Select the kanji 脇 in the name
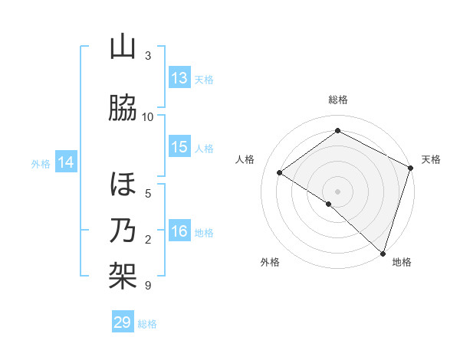coord(123,109)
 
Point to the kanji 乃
coord(123,231)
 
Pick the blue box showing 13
coord(179,77)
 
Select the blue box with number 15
coord(179,147)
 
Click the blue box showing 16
coord(179,231)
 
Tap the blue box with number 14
coord(66,162)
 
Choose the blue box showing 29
coord(123,322)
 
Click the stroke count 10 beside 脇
coord(148,117)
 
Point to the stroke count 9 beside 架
coord(147,286)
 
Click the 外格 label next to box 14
coord(41,163)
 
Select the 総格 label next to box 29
coord(147,324)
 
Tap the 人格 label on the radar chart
coord(245,159)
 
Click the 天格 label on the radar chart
coord(431,159)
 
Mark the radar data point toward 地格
coord(383,252)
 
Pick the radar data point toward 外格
coord(329,204)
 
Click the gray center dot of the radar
coord(337,191)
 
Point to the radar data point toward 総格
coord(337,131)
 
